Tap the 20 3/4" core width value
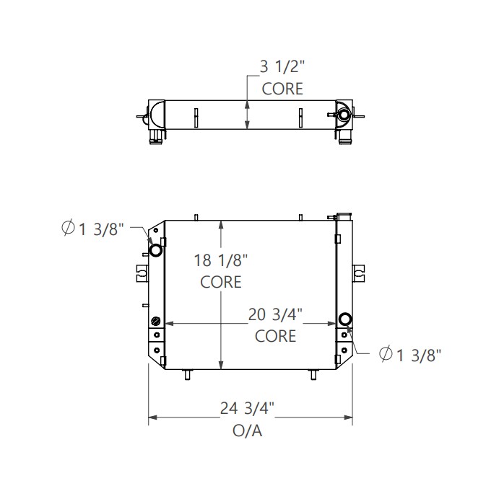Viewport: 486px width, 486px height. tap(275, 314)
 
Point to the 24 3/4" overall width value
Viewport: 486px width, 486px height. tap(247, 409)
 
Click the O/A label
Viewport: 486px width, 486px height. tap(247, 431)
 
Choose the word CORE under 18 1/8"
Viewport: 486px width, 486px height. tap(221, 282)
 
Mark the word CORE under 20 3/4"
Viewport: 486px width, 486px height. tap(275, 335)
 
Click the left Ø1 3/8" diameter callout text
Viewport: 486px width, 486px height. tap(94, 229)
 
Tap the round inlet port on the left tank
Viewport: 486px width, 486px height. tap(155, 250)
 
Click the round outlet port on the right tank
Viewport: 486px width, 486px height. tap(345, 319)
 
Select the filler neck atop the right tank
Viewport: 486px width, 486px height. tap(343, 215)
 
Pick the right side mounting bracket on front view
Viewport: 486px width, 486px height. tap(359, 273)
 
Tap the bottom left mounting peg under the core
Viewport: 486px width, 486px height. tap(188, 374)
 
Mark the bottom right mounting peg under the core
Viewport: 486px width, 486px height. tap(313, 374)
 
